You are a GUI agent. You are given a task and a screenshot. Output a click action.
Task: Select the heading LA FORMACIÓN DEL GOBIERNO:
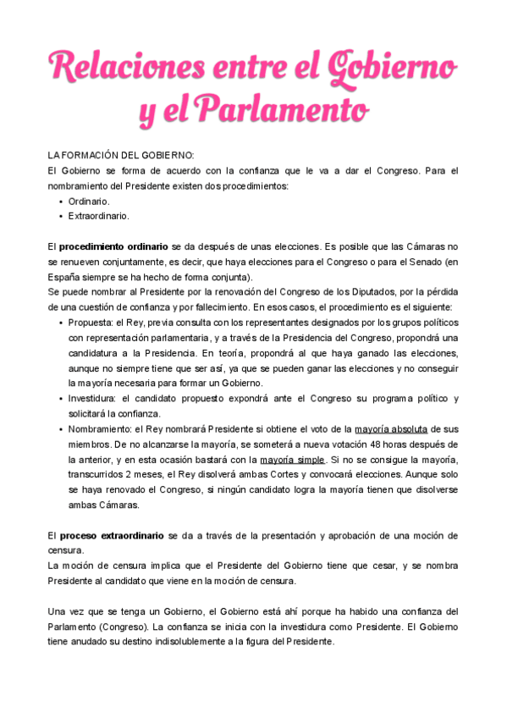(x=121, y=155)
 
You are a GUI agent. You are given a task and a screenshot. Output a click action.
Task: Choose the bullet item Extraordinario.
(x=99, y=216)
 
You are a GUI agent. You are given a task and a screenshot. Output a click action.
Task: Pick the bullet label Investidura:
(x=95, y=399)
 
